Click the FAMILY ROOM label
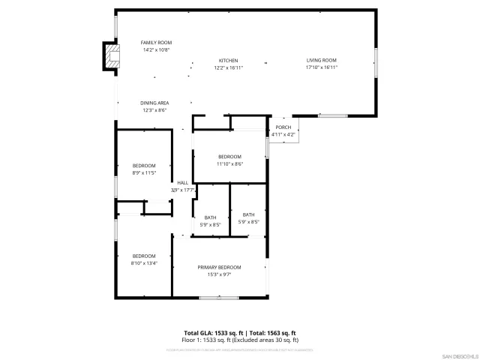pos(157,43)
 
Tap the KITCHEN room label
pos(228,61)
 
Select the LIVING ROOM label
pos(321,61)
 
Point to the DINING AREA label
pos(154,103)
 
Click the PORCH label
pos(283,127)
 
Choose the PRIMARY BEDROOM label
pos(219,268)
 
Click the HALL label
pos(182,183)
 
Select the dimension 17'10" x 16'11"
pos(321,67)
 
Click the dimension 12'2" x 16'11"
pos(228,67)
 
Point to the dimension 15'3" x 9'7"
pos(219,274)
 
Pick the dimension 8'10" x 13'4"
pos(144,263)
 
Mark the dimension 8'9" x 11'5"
pos(144,172)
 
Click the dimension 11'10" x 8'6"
pos(229,163)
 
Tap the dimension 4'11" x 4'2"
pos(283,134)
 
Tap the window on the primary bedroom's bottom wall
pos(219,298)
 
